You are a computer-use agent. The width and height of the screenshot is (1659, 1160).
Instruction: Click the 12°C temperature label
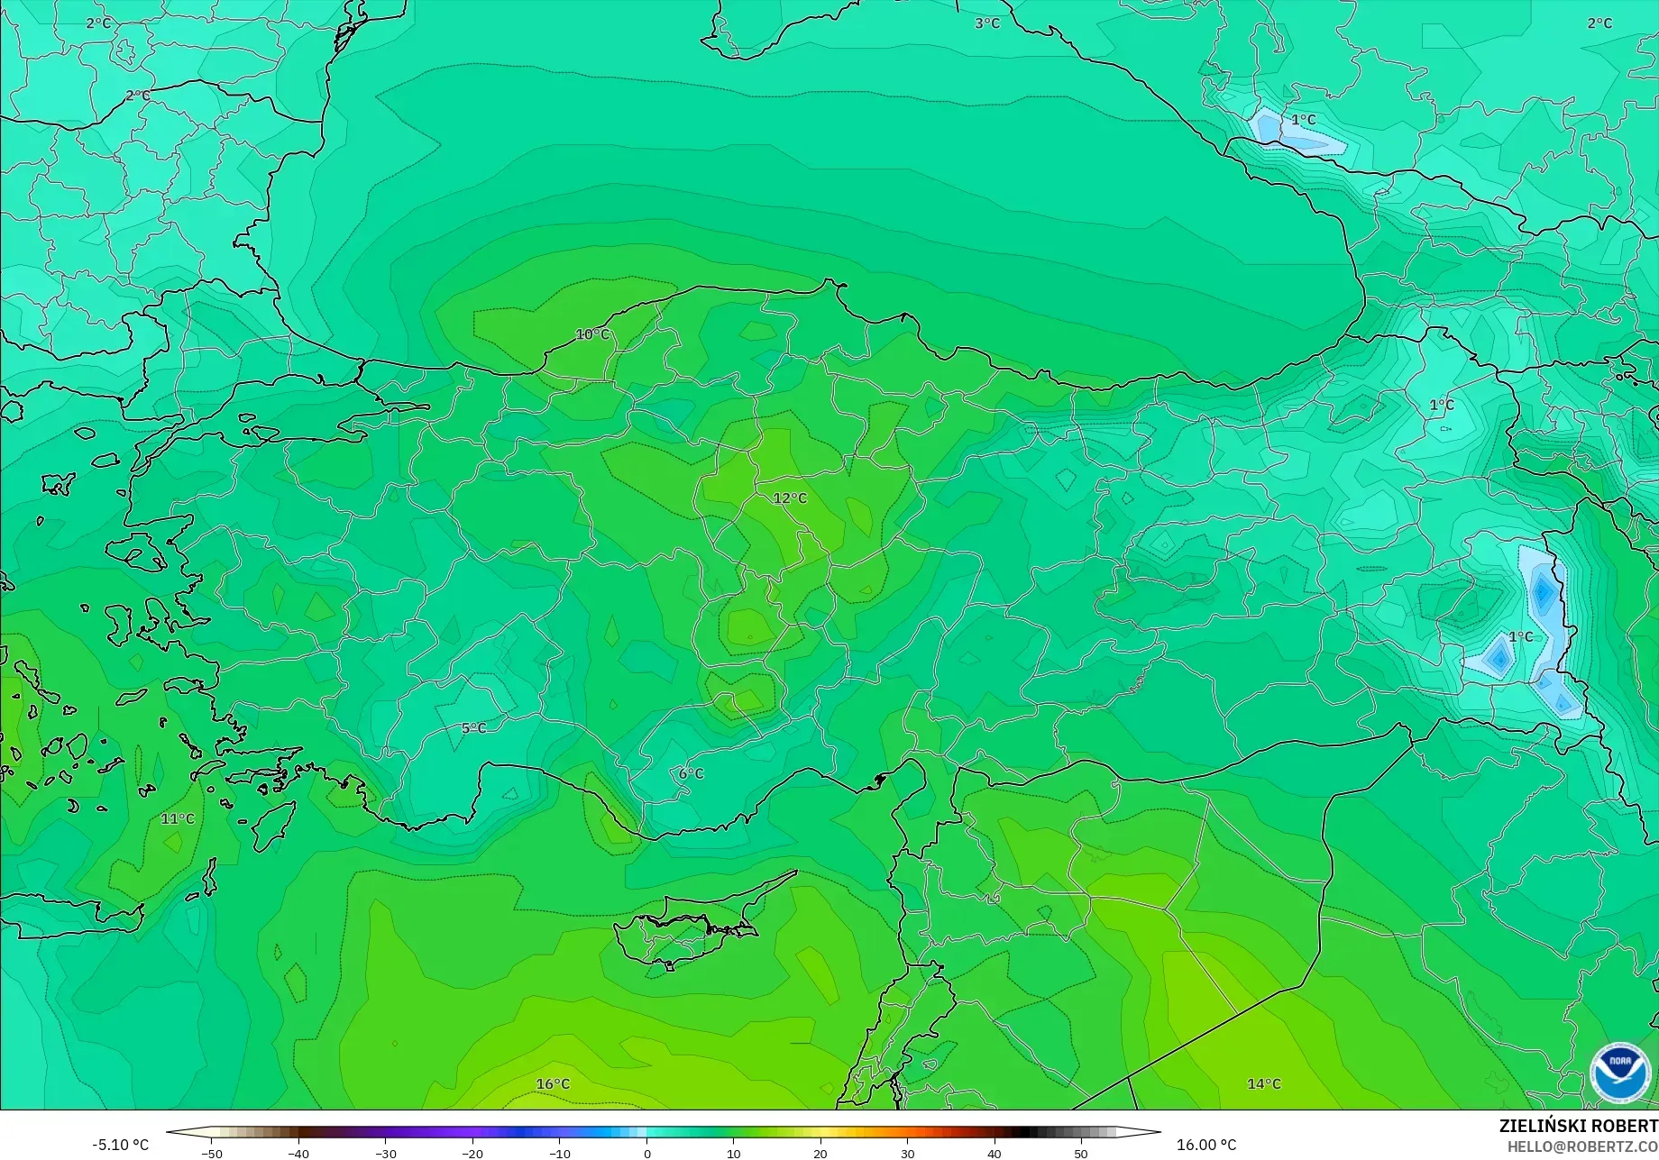790,498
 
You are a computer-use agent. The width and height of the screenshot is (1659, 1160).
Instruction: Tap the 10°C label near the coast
592,334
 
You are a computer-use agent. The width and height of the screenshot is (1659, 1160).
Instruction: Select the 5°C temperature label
473,728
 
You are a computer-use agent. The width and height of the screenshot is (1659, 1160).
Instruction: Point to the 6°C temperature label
691,773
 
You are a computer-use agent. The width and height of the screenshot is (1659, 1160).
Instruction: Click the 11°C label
178,818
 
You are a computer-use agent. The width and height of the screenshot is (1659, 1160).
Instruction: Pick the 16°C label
553,1084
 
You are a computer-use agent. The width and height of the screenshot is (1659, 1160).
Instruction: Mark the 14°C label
1263,1084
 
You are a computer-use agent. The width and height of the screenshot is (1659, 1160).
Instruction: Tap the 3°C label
987,23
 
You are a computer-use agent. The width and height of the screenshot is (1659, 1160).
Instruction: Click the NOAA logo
1619,1073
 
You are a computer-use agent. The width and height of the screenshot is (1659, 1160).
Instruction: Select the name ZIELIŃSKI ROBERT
1578,1127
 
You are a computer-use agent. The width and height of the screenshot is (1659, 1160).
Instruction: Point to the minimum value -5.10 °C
120,1145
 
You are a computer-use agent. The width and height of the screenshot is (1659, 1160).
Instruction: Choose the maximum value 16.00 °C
1206,1145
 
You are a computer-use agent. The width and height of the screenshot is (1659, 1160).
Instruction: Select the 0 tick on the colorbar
646,1154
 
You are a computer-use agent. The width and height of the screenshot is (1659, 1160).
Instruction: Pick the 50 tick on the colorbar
1081,1154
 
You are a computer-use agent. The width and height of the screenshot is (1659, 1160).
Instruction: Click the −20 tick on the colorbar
472,1154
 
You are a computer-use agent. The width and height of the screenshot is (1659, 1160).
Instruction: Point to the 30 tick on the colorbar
907,1154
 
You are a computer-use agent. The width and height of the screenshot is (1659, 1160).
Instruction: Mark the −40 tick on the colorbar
298,1154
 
